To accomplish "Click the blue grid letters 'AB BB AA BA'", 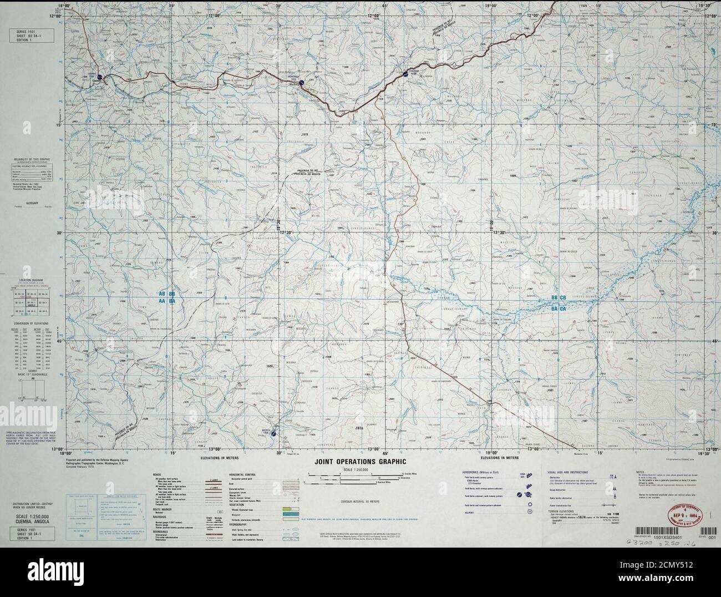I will (x=166, y=297).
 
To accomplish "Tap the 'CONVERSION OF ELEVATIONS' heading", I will (x=31, y=323).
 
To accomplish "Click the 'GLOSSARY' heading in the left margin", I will (x=30, y=204).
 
